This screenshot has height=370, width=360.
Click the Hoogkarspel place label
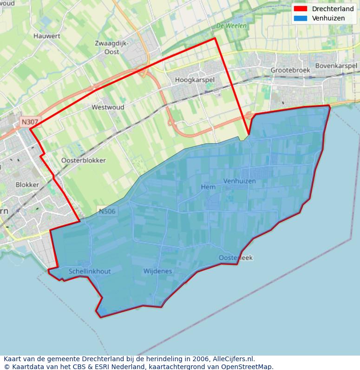[x=195, y=80]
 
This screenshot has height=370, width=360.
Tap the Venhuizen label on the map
[x=239, y=181]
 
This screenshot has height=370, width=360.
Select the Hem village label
[x=208, y=187]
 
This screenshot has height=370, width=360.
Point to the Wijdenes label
[x=157, y=271]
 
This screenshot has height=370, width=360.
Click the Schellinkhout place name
[x=90, y=271]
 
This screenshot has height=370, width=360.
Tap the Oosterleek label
[x=236, y=258]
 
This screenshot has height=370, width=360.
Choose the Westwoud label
[x=108, y=107]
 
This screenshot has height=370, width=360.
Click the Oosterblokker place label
[x=84, y=160]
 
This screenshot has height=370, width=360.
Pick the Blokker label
[x=27, y=185]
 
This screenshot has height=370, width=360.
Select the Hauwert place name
[x=47, y=35]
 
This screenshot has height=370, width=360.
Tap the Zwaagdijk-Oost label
[x=111, y=47]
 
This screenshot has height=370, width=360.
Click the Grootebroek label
[x=290, y=70]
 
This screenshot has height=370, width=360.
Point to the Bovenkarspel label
[x=336, y=66]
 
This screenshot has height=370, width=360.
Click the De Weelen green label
[x=231, y=26]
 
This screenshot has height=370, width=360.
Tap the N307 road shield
[x=30, y=122]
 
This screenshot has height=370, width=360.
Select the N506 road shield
[x=107, y=211]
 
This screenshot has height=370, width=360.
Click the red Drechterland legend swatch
[x=301, y=9]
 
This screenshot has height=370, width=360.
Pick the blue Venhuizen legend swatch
[x=301, y=18]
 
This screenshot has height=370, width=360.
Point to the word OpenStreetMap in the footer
[x=247, y=366]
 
